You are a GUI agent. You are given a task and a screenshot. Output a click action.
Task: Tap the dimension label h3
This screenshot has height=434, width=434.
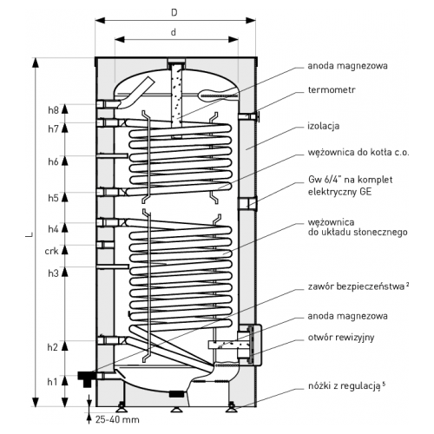pos(53,273)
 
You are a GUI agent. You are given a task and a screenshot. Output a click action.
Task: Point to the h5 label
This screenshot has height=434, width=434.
pos(53,198)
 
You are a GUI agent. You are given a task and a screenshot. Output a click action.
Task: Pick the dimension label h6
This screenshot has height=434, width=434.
pos(53,161)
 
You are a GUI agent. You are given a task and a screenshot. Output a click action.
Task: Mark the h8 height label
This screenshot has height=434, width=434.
pos(53,110)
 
